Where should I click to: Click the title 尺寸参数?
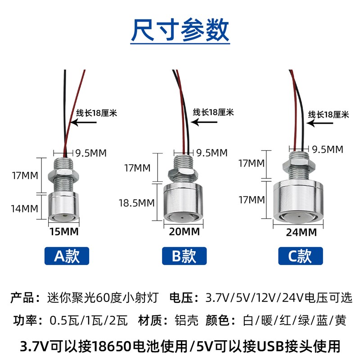180,30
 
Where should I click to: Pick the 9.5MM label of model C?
328,149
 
